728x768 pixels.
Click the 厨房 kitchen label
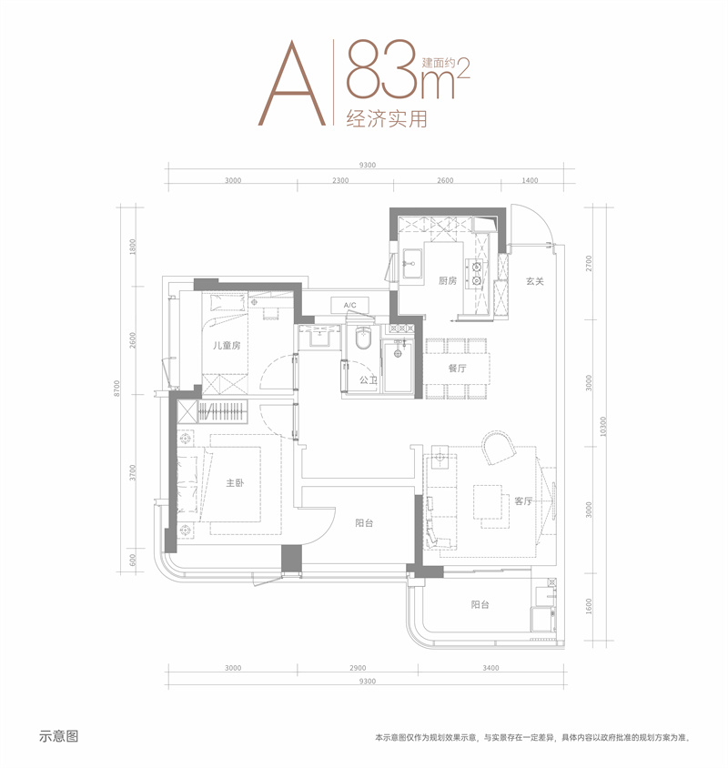[448, 280]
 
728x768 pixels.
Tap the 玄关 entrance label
[534, 282]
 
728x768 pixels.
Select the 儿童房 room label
[227, 345]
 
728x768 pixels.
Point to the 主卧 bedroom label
[235, 483]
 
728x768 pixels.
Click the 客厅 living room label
[523, 501]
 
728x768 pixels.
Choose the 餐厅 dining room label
[457, 369]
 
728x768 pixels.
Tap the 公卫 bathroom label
[368, 379]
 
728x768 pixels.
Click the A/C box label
[349, 305]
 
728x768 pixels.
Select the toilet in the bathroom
[363, 338]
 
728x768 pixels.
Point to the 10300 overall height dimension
[603, 427]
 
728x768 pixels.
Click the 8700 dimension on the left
[116, 389]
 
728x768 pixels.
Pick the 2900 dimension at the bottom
[358, 668]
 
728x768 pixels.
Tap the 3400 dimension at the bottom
[490, 668]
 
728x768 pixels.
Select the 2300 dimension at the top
[340, 180]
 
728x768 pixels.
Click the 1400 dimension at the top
[530, 180]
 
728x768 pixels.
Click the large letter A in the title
[292, 84]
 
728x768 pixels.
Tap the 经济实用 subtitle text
[387, 119]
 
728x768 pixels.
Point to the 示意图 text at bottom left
[59, 736]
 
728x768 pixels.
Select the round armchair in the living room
[499, 447]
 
